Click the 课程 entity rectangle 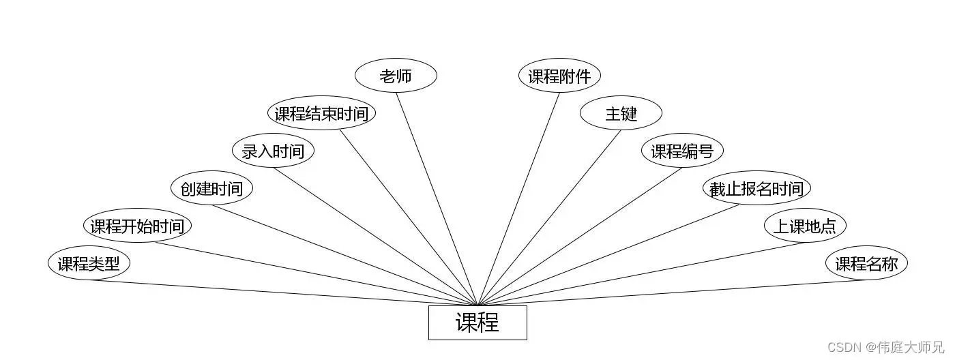(x=477, y=322)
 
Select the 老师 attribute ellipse (x=396, y=76)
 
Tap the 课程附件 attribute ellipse (x=559, y=76)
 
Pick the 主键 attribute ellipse (x=621, y=113)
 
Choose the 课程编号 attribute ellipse (x=682, y=151)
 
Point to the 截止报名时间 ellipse (x=756, y=188)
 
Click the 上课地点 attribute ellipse (x=805, y=226)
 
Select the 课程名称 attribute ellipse (x=866, y=263)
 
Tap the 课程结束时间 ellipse (x=321, y=113)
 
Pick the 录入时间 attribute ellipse (x=273, y=151)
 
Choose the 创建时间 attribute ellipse (x=211, y=188)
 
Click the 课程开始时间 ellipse (x=137, y=226)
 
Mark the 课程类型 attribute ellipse (x=89, y=263)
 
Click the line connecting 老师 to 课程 (x=437, y=198)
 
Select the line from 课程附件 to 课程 (x=518, y=198)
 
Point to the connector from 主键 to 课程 (x=549, y=217)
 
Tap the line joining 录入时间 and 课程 (x=375, y=236)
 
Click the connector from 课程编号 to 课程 (x=580, y=236)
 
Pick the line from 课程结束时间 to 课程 (x=409, y=217)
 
